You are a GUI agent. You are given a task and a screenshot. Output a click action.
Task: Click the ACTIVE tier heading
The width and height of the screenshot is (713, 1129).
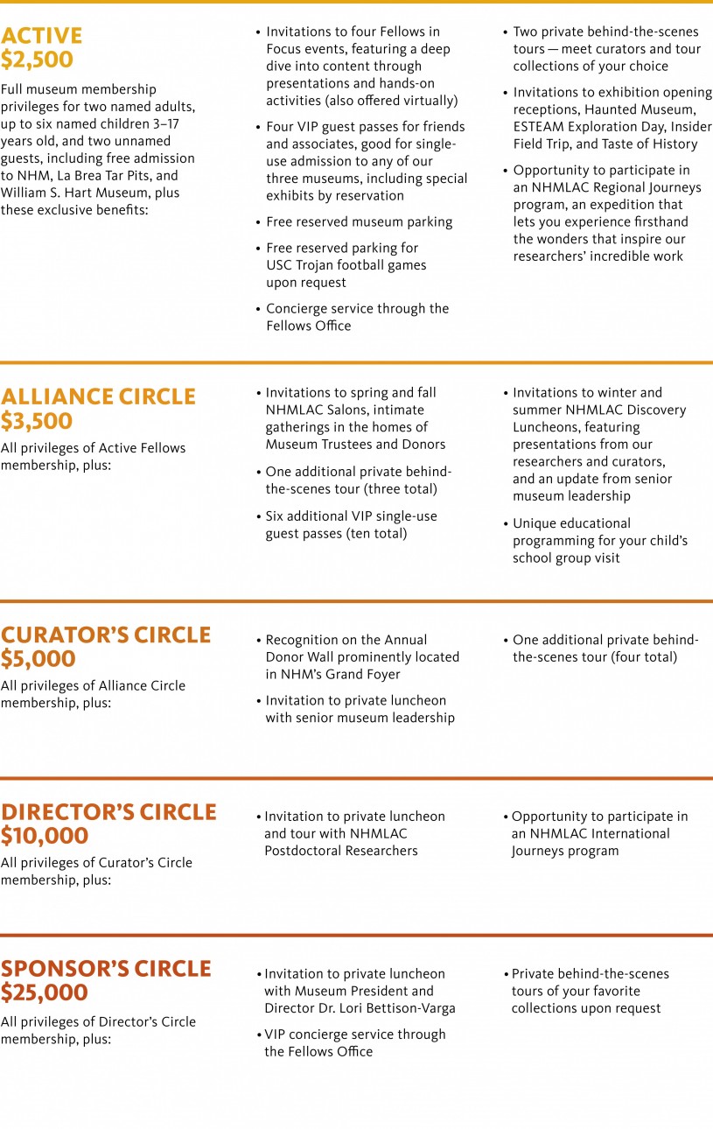42,36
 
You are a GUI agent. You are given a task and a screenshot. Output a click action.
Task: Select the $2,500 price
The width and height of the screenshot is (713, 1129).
37,60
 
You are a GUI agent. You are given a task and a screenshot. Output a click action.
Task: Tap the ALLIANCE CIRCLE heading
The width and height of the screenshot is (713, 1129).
98,396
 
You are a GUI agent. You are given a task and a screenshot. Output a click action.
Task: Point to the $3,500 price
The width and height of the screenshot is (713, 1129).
37,421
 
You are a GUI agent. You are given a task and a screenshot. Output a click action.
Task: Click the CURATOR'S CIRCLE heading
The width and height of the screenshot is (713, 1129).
106,635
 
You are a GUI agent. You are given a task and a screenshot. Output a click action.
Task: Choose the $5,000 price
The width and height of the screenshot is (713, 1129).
38,659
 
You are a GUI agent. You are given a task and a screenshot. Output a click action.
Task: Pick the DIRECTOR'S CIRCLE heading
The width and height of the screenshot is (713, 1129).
108,811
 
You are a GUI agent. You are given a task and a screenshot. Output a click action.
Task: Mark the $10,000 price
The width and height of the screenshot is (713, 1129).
45,836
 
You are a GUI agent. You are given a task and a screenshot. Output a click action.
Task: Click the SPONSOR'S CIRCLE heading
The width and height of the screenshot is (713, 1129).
106,969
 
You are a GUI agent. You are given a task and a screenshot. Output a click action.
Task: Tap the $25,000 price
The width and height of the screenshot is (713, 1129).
45,993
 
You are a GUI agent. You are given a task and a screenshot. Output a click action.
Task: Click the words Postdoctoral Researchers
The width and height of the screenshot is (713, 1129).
341,851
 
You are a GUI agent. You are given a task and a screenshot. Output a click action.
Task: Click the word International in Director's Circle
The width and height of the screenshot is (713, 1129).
628,833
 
